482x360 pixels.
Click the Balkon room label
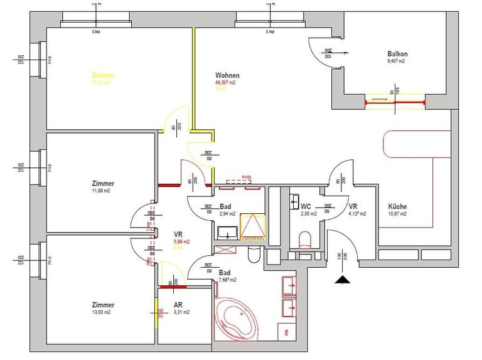[x=398, y=54]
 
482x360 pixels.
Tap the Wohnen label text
[x=227, y=75]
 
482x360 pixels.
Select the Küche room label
[x=397, y=206]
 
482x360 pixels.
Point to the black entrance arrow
[x=342, y=280]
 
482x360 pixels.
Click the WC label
[x=306, y=206]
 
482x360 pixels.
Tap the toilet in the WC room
[x=306, y=240]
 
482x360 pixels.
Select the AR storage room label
[x=178, y=304]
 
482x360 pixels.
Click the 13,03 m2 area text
[x=102, y=312]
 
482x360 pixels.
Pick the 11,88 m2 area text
[x=102, y=191]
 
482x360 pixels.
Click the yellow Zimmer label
[x=103, y=75]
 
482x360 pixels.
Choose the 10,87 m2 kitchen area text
[x=397, y=214]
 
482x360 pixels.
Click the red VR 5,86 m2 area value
[x=181, y=241]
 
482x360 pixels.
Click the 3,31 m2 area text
[x=181, y=312]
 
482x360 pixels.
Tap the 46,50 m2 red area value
[x=226, y=83]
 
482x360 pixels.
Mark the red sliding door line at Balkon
[x=395, y=102]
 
